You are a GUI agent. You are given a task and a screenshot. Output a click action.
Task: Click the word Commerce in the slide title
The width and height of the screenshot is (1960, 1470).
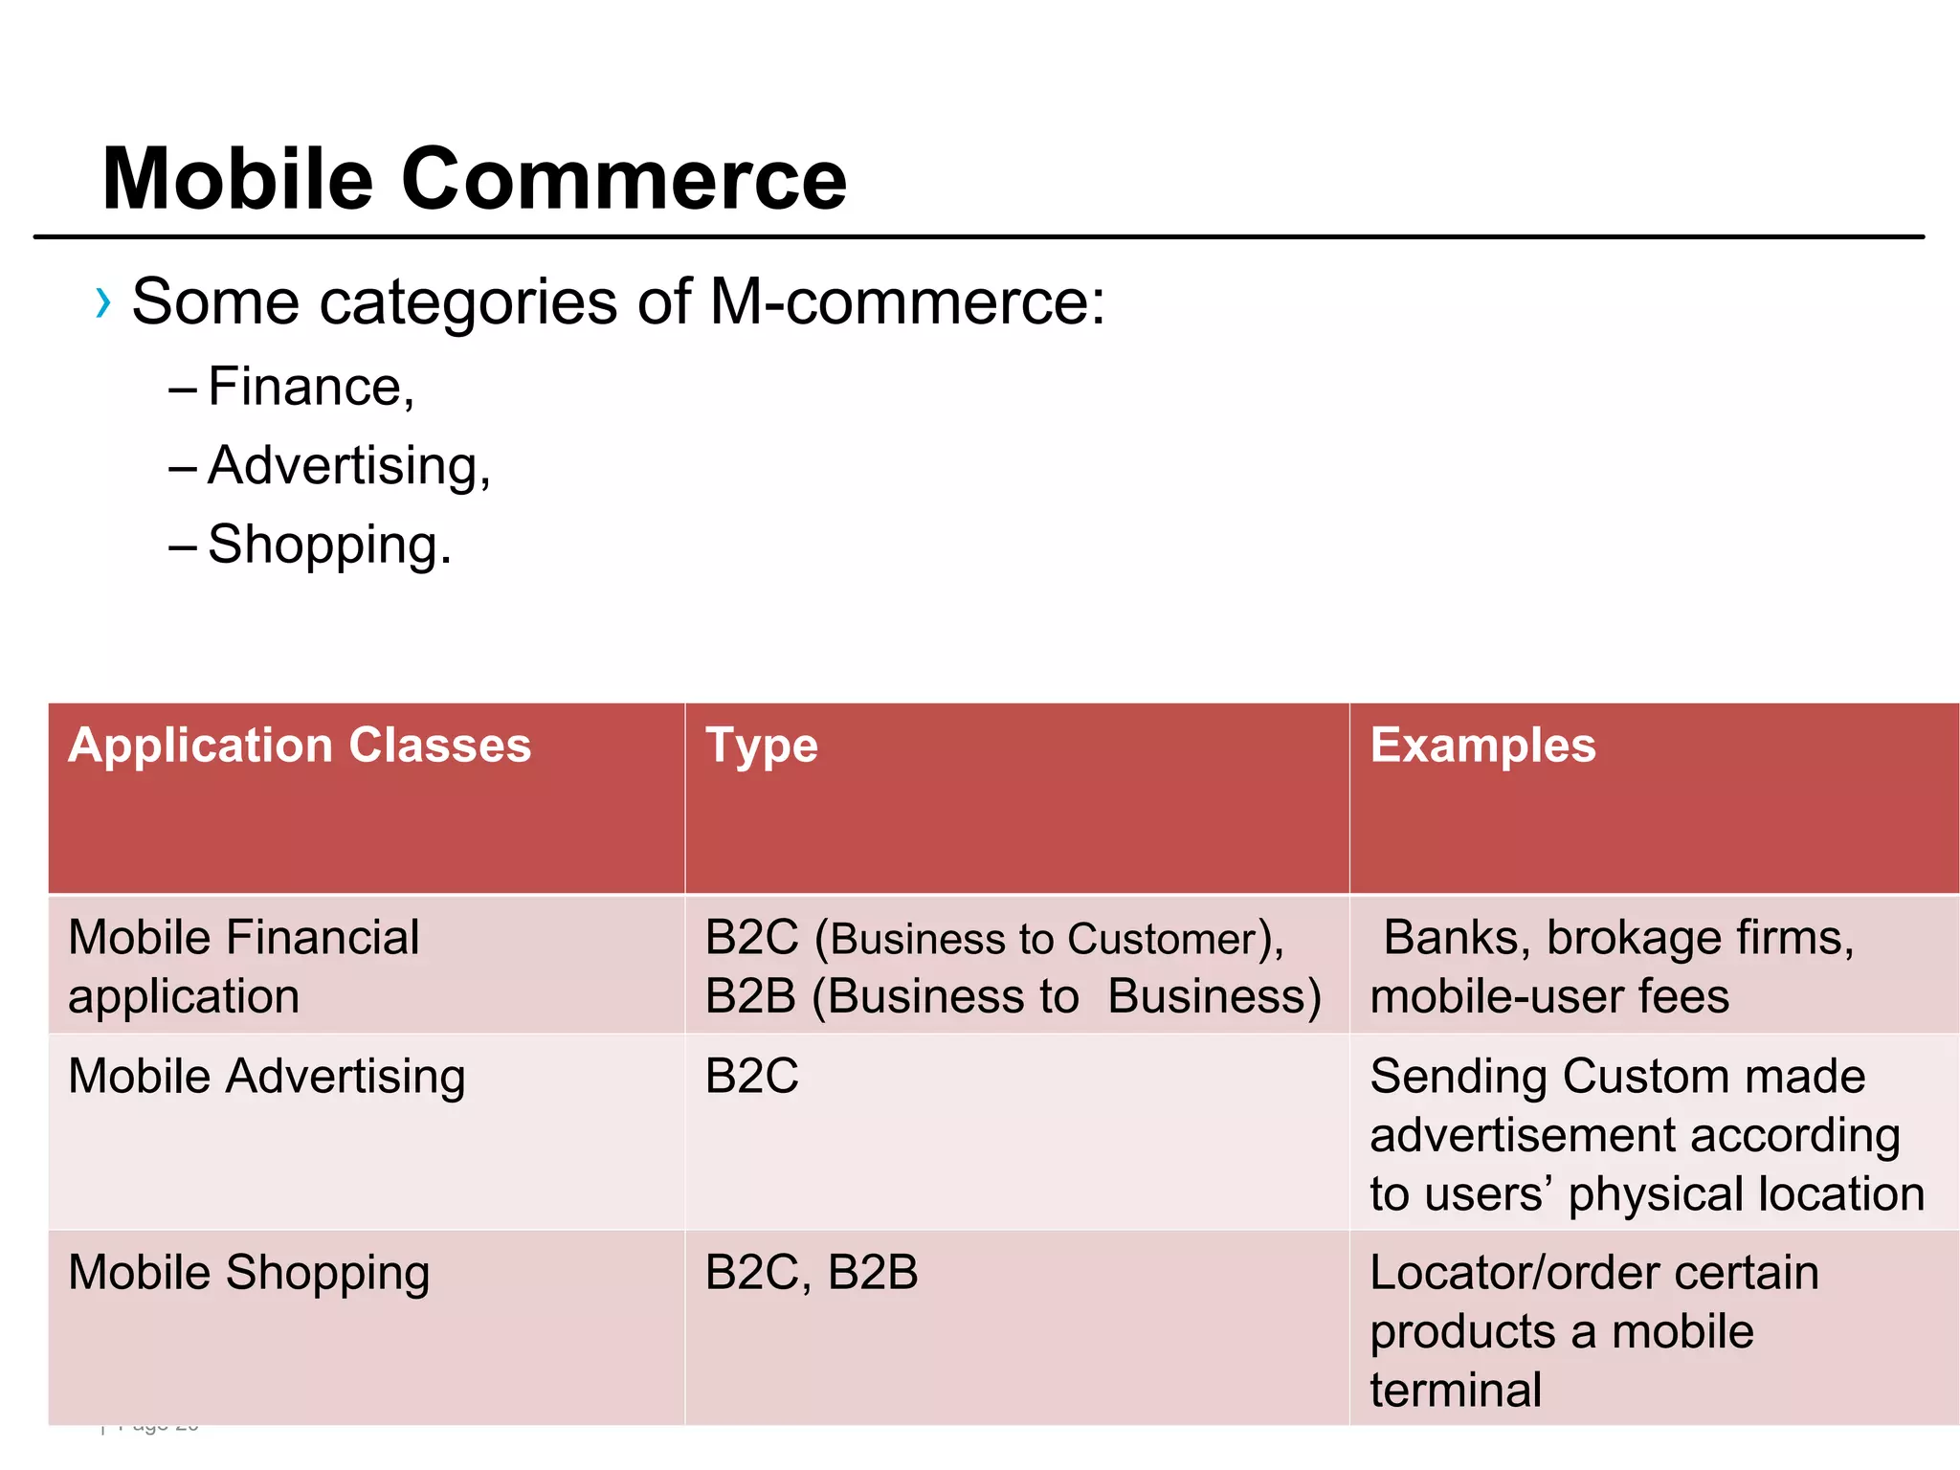pyautogui.click(x=623, y=179)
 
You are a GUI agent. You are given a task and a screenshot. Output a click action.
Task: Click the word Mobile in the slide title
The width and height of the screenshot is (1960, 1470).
pyautogui.click(x=237, y=179)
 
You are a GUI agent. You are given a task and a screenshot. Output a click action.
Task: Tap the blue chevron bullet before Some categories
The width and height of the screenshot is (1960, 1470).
pyautogui.click(x=103, y=303)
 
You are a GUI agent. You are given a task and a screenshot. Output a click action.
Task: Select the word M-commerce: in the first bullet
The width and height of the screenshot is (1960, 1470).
pyautogui.click(x=907, y=302)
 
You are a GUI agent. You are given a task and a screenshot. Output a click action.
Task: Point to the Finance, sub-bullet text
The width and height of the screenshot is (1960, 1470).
pyautogui.click(x=311, y=388)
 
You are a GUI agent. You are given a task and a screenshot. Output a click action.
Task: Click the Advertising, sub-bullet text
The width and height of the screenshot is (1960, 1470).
pyautogui.click(x=349, y=467)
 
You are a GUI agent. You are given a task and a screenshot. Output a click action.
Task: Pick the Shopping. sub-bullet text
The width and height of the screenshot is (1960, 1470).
pyautogui.click(x=329, y=546)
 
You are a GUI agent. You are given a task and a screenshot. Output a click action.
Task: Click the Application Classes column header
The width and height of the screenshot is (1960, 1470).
pyautogui.click(x=300, y=745)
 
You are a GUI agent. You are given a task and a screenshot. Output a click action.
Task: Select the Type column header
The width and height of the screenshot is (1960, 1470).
pyautogui.click(x=762, y=746)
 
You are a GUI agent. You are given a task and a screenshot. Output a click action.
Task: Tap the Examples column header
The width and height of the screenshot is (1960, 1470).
pyautogui.click(x=1482, y=745)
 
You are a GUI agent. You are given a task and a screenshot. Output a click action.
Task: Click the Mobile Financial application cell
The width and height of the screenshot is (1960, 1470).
pyautogui.click(x=244, y=967)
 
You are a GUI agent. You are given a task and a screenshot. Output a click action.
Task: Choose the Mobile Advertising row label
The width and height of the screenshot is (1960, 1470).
pyautogui.click(x=267, y=1077)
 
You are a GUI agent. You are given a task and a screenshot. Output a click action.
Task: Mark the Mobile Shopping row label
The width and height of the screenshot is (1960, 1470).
pyautogui.click(x=249, y=1274)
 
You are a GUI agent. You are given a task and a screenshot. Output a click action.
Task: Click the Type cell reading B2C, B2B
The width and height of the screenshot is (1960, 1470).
pyautogui.click(x=812, y=1274)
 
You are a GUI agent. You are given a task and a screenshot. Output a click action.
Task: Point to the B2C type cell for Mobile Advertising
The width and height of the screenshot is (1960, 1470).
pyautogui.click(x=752, y=1077)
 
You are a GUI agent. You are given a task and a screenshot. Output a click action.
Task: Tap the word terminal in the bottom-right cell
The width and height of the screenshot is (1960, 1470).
pyautogui.click(x=1456, y=1391)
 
